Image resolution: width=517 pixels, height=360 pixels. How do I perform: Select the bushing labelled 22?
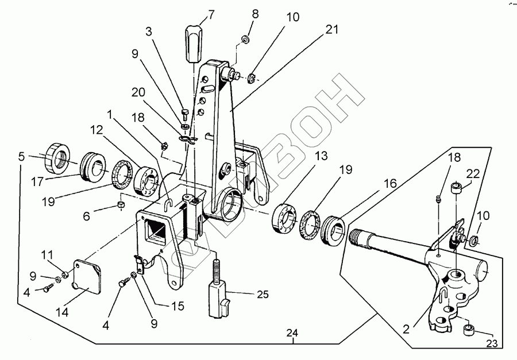pyautogui.click(x=456, y=188)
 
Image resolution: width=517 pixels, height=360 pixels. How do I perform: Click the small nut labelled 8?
pyautogui.click(x=245, y=39)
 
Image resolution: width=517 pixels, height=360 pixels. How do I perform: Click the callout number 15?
pyautogui.click(x=178, y=307)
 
